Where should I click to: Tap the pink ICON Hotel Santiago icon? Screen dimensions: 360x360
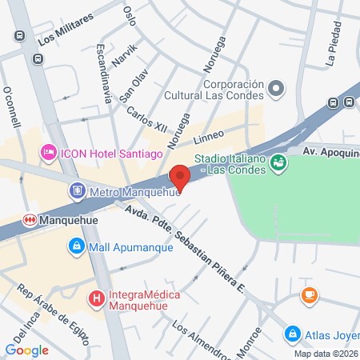[49, 151]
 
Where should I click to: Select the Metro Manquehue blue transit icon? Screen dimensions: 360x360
[78, 191]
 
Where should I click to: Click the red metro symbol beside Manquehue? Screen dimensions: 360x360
[30, 218]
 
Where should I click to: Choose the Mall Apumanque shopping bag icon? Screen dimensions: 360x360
[76, 246]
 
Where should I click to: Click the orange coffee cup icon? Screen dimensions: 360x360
[308, 295]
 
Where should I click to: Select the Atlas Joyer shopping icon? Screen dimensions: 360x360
[294, 334]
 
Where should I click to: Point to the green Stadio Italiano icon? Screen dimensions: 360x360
[278, 163]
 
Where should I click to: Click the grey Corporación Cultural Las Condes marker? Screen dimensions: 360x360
[277, 88]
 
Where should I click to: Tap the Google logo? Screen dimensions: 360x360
[27, 350]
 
